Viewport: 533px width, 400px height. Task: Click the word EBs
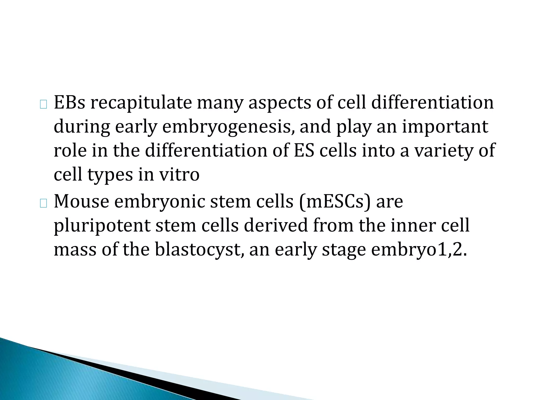point(69,102)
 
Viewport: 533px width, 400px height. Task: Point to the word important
point(445,127)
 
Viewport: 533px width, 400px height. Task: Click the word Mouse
point(81,201)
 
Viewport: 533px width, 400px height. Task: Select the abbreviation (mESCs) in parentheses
point(335,202)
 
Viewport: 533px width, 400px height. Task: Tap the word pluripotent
point(102,226)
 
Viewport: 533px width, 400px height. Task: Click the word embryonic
point(160,202)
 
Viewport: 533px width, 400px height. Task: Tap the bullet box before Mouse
point(43,204)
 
